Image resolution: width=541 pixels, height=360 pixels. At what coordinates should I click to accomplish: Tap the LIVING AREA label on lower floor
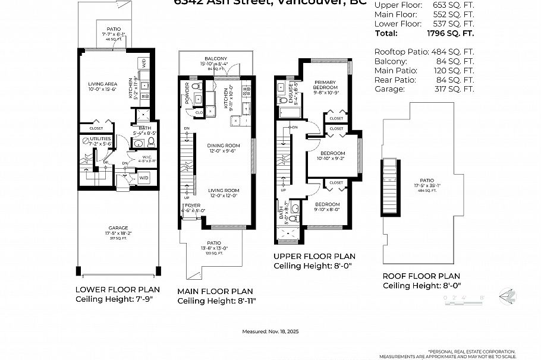[103, 84]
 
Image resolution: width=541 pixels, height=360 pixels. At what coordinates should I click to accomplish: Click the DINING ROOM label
[223, 146]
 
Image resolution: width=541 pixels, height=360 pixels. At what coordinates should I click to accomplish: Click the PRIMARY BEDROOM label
[325, 85]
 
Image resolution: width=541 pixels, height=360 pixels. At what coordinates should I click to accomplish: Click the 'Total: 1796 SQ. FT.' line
[424, 34]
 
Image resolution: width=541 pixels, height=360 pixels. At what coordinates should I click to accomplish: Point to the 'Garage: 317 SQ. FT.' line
[424, 89]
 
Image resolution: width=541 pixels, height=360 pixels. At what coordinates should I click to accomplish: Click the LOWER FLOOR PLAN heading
[117, 289]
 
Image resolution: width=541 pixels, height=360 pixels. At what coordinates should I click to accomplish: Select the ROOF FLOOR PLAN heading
[421, 276]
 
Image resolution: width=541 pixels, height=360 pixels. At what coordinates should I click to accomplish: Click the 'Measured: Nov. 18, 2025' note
[270, 332]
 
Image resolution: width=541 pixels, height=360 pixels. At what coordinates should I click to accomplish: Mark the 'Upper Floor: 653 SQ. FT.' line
[424, 5]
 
